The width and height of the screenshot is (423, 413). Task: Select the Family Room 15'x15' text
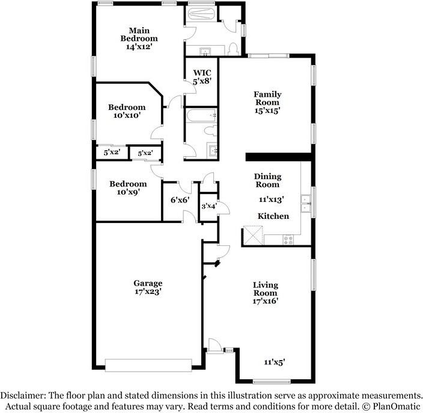[267, 103]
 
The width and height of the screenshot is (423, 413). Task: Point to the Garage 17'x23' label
[148, 287]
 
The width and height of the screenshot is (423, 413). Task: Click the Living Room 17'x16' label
[264, 293]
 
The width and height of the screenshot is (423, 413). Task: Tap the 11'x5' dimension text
[273, 362]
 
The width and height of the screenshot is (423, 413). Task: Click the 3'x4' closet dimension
[208, 206]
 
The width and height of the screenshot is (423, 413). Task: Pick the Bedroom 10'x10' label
[127, 112]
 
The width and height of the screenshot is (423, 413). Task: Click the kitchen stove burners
[288, 239]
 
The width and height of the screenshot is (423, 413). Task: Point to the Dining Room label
[267, 180]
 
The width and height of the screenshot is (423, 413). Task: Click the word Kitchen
[273, 216]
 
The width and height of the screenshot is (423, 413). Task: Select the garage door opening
[147, 364]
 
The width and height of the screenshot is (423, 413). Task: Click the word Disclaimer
[22, 396]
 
